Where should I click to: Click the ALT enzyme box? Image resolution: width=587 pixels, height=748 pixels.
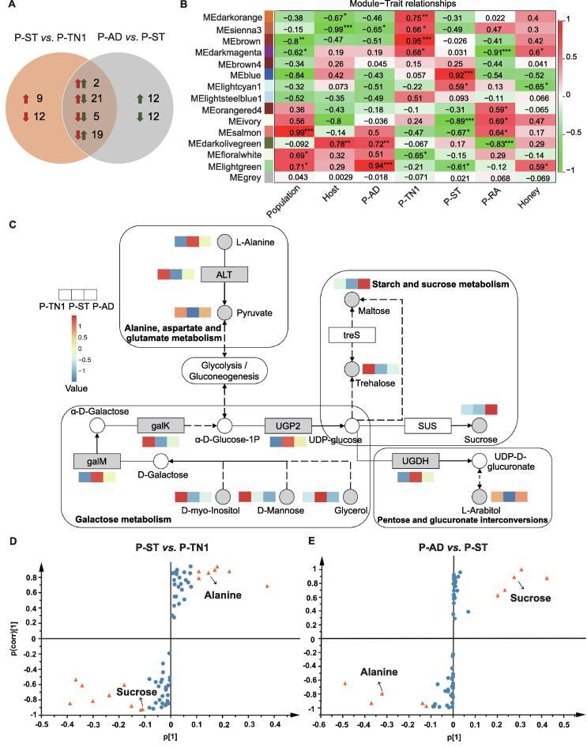224,274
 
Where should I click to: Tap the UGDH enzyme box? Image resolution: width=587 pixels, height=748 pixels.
414,459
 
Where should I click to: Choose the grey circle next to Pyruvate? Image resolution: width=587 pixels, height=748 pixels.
224,312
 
